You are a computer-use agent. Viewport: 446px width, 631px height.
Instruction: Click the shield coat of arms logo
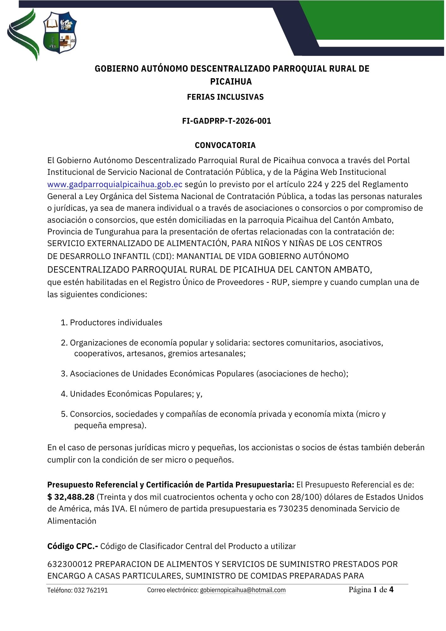click(60, 33)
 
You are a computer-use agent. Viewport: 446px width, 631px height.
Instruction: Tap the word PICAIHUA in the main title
click(231, 82)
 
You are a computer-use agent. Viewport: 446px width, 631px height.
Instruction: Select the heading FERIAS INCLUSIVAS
click(225, 97)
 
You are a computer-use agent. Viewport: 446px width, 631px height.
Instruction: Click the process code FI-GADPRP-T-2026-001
click(226, 121)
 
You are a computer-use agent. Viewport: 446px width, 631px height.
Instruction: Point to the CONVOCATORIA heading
click(225, 145)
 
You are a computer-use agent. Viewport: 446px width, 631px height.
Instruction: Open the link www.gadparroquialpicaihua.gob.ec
click(115, 185)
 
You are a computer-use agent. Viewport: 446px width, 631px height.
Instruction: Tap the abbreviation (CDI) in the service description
click(163, 257)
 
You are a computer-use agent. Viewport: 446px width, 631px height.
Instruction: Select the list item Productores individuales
click(116, 323)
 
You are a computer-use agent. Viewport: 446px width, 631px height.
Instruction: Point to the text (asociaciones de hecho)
click(302, 374)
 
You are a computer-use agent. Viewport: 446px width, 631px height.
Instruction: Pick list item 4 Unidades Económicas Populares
click(132, 394)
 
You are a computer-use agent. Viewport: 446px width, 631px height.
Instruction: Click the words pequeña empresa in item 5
click(110, 426)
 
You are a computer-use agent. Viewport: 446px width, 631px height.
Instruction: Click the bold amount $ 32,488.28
click(71, 497)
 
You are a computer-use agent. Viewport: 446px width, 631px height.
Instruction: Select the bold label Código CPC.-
click(73, 546)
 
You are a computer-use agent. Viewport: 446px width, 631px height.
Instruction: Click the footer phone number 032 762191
click(91, 590)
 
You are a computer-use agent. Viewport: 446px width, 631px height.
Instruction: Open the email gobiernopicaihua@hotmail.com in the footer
click(243, 590)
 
